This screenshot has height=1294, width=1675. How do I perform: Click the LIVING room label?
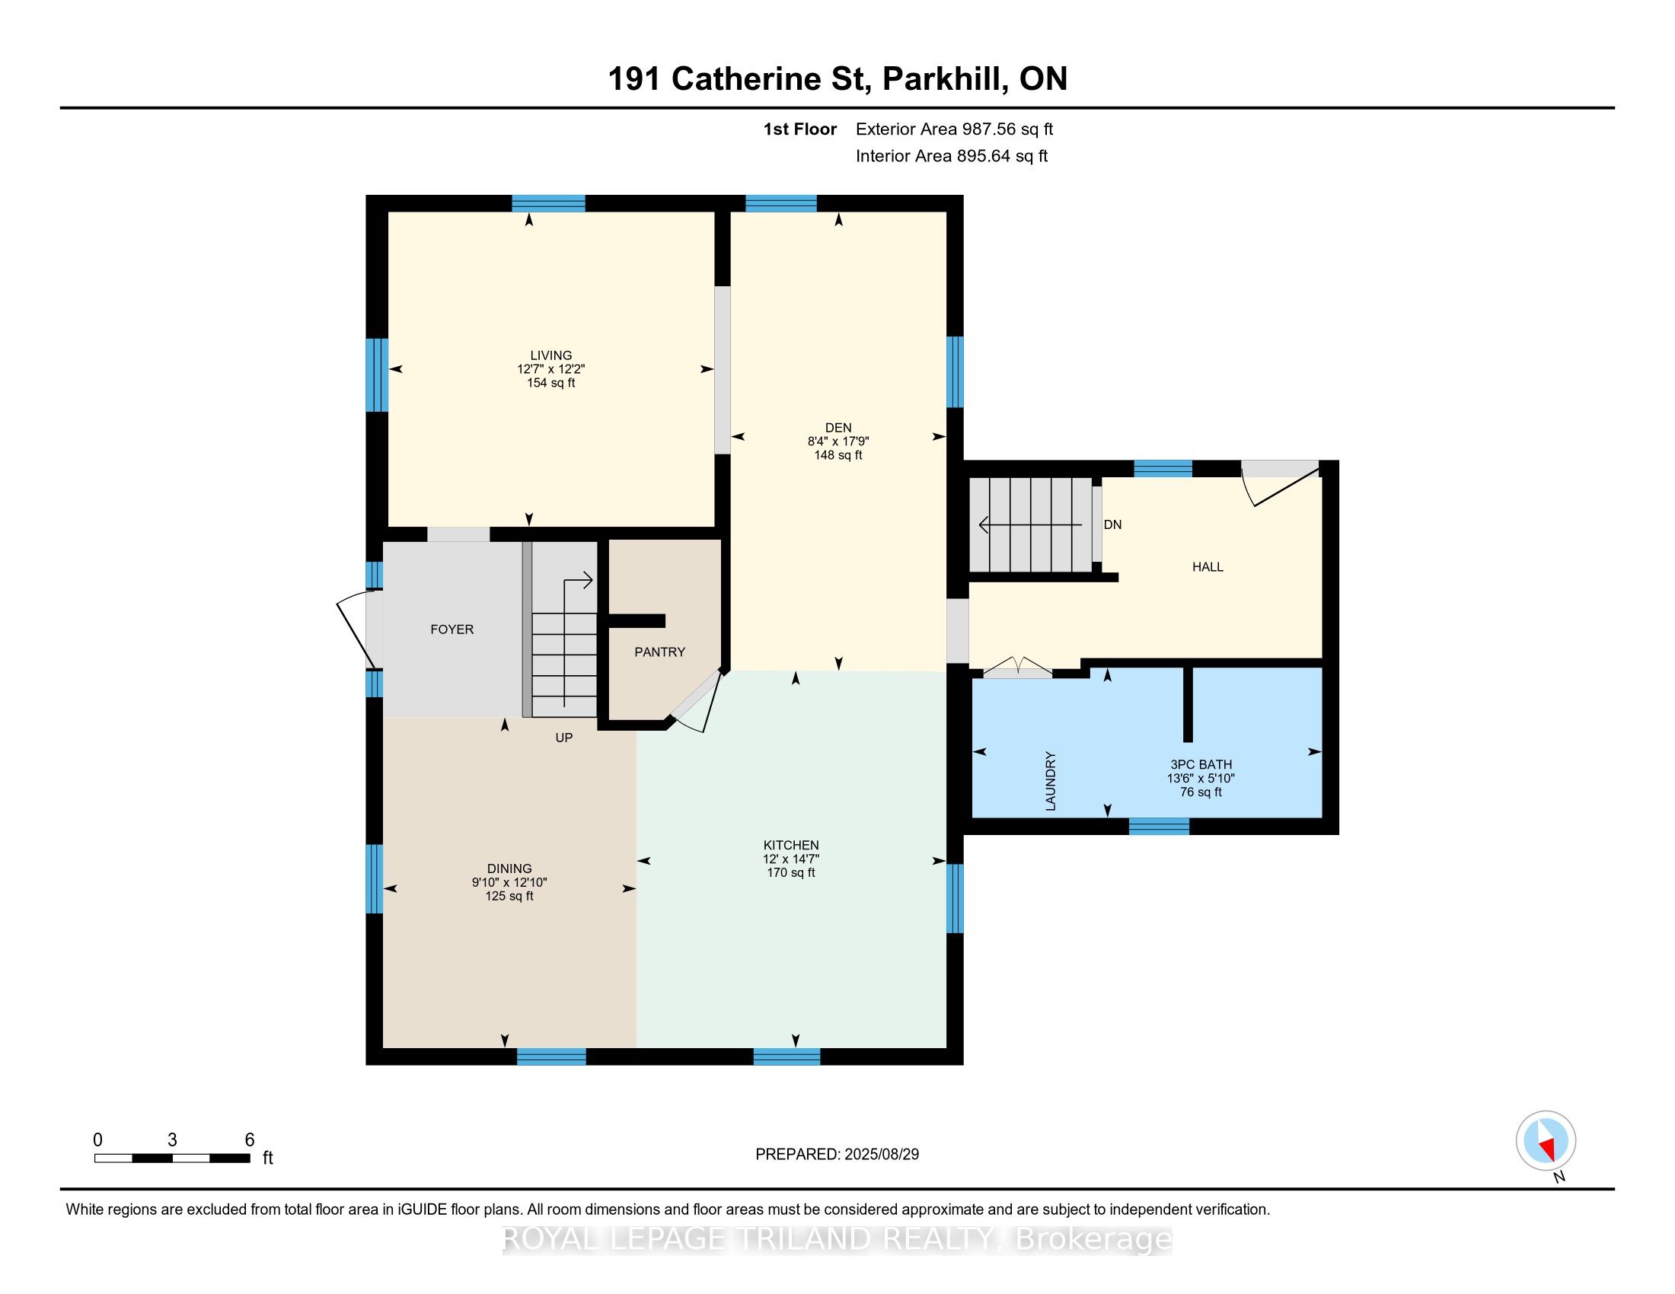tap(550, 355)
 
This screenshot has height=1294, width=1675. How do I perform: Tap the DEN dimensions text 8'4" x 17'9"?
tap(837, 441)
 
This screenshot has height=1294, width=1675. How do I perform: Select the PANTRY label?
tap(659, 652)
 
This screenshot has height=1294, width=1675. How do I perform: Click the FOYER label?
tap(451, 629)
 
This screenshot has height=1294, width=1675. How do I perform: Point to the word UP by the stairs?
tap(563, 738)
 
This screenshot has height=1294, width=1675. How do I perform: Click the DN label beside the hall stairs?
tap(1112, 524)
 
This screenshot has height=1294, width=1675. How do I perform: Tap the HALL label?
tap(1208, 566)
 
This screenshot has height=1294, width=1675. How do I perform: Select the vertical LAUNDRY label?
tap(1051, 780)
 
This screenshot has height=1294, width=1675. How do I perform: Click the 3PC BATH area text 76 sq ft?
tap(1200, 792)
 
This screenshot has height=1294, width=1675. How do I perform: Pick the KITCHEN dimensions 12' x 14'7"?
tap(791, 859)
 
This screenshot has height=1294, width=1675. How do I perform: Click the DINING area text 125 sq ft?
tap(509, 895)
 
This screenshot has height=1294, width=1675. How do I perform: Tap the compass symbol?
tap(1546, 1141)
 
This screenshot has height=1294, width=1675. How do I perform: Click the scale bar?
tap(173, 1159)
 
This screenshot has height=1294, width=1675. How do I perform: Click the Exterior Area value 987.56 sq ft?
tap(1008, 129)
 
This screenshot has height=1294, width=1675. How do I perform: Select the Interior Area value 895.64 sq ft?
tap(1002, 155)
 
